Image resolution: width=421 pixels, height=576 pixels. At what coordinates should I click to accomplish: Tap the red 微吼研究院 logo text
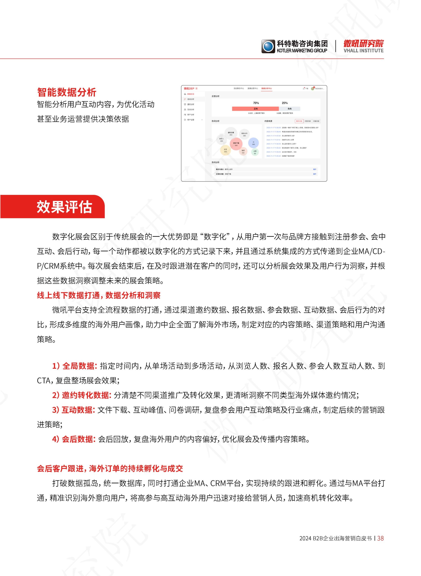[x=363, y=44]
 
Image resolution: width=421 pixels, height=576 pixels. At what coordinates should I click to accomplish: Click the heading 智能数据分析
[x=66, y=92]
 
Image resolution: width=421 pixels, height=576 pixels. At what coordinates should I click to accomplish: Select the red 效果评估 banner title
[x=64, y=207]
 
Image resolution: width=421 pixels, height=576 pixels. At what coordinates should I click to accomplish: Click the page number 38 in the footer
[x=380, y=538]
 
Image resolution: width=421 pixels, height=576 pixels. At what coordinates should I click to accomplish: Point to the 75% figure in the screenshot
[x=256, y=103]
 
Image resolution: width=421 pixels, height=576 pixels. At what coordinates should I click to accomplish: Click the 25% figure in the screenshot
[x=285, y=103]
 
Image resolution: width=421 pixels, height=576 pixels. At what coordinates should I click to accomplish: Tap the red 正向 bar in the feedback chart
[x=255, y=109]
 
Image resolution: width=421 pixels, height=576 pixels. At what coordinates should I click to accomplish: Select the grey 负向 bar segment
[x=290, y=109]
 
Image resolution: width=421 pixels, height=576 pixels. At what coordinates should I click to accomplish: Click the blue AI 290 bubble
[x=253, y=143]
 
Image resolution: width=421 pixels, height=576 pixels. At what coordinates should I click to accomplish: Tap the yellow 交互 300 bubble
[x=225, y=151]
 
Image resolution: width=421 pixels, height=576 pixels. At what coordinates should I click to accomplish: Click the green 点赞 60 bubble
[x=255, y=152]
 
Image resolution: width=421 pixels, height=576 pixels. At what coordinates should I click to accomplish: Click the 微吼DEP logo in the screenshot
[x=189, y=89]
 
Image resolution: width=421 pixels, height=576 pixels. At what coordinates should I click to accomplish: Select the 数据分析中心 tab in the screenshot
[x=267, y=89]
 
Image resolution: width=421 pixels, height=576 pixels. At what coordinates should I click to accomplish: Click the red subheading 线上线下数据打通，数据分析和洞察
[x=99, y=295]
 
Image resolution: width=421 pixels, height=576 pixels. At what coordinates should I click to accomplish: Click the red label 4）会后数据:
[x=74, y=439]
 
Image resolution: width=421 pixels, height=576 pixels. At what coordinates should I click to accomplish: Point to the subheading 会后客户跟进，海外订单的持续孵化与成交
[x=110, y=468]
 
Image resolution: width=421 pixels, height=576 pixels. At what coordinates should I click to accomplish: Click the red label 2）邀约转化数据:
[x=82, y=395]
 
